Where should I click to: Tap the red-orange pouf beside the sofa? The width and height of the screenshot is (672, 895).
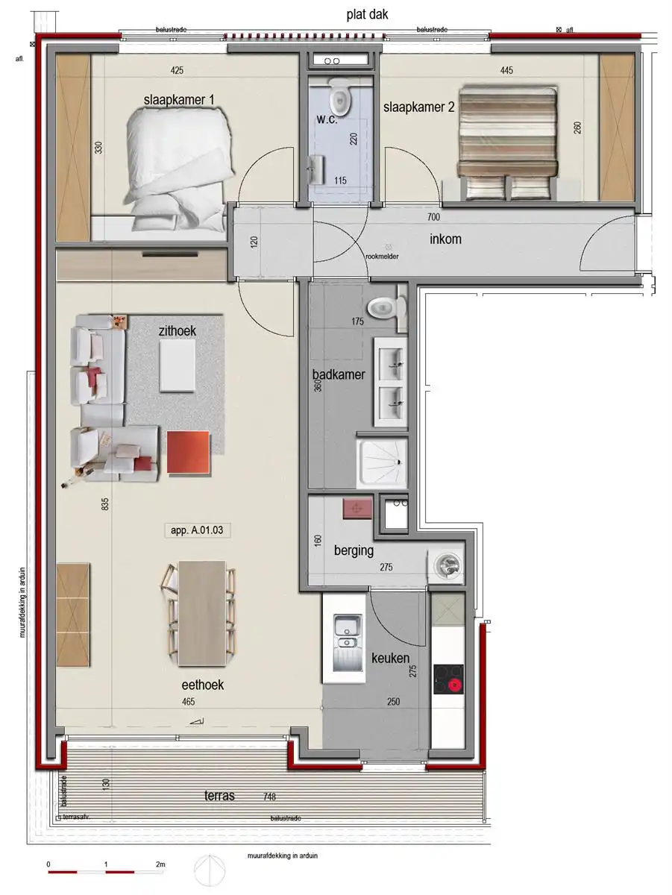point(189,452)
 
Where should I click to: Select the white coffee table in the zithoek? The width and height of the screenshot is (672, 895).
point(178,364)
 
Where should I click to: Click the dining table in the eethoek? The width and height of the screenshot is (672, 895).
point(201,614)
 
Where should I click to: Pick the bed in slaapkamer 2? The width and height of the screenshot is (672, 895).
point(508,142)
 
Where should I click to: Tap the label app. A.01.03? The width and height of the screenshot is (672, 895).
point(192,531)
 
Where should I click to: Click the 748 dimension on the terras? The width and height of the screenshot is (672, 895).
point(269,796)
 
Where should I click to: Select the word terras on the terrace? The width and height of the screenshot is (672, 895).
point(219,796)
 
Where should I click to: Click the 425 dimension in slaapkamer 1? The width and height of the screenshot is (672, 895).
point(177,71)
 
